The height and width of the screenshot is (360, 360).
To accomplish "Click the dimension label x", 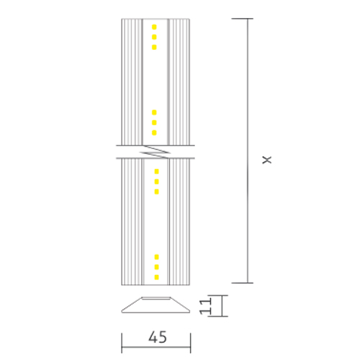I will tap(266, 158).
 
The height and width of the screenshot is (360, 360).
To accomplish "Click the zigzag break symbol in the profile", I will tap(156, 151).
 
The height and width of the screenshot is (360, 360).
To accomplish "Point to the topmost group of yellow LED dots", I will tap(155, 37).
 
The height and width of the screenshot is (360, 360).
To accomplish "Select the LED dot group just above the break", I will tap(155, 122).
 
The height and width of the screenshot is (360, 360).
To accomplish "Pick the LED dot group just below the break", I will tap(155, 181).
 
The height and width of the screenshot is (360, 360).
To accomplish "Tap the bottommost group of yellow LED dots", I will tap(155, 266).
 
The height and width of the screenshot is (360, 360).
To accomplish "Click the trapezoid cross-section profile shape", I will tap(156, 306).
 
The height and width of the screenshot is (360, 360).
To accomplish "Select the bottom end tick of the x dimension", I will tap(249, 282).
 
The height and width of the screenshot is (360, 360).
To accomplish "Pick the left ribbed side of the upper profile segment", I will tap(132, 79).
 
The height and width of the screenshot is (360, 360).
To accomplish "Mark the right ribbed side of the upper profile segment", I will tap(179, 79).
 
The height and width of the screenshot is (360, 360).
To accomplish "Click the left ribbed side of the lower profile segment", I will tap(132, 223).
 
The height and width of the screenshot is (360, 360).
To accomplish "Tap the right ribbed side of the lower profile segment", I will tap(179, 223).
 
